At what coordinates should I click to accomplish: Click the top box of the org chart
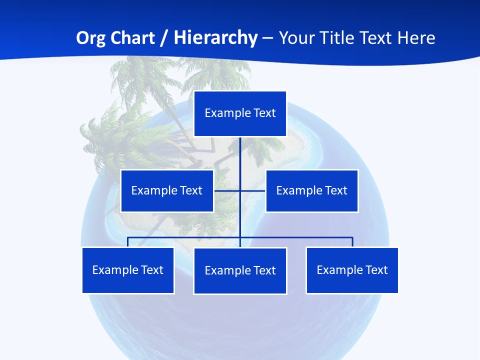click(x=240, y=113)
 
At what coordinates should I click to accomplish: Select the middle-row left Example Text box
click(x=167, y=190)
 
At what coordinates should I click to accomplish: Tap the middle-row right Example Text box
click(x=311, y=190)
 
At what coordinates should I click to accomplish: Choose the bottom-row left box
click(x=128, y=270)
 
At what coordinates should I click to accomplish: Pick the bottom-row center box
click(x=240, y=270)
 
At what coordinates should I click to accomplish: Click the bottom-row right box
click(x=352, y=270)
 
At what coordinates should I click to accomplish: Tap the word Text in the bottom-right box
click(x=376, y=270)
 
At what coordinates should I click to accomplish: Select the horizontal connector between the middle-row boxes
click(x=227, y=190)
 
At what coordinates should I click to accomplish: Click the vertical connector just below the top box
click(x=240, y=150)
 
